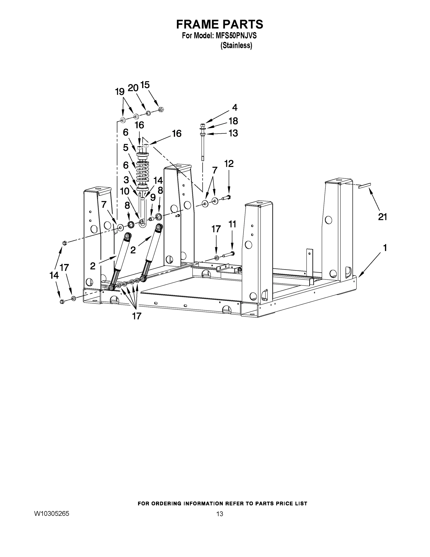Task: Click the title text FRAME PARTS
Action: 220,24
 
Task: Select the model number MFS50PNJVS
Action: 236,36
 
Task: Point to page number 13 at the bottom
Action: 220,514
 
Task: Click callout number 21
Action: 382,217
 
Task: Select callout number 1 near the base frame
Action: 385,247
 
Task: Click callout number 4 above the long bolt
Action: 235,108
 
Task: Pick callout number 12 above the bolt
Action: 229,163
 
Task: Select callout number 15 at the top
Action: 145,85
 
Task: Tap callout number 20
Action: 133,88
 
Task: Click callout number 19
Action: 120,92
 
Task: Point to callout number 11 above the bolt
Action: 232,224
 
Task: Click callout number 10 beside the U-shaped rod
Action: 124,191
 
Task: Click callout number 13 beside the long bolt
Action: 233,133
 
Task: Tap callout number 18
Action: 233,121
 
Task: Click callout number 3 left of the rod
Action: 126,180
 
